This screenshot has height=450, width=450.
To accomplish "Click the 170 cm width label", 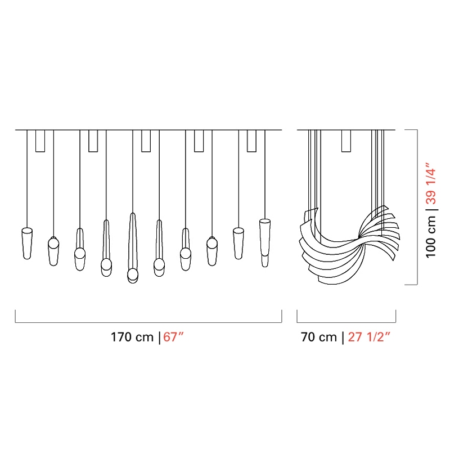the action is [132, 337].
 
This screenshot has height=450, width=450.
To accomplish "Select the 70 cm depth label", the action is [318, 337].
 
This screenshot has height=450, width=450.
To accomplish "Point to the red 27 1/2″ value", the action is [369, 336].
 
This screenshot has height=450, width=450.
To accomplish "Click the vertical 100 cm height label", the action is [431, 236].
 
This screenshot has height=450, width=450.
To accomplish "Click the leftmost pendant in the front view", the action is [27, 244].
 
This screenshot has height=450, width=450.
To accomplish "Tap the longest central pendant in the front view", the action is [133, 248].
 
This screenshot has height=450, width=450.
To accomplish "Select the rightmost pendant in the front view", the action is [264, 243].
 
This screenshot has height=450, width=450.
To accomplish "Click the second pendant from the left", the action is [53, 251].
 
